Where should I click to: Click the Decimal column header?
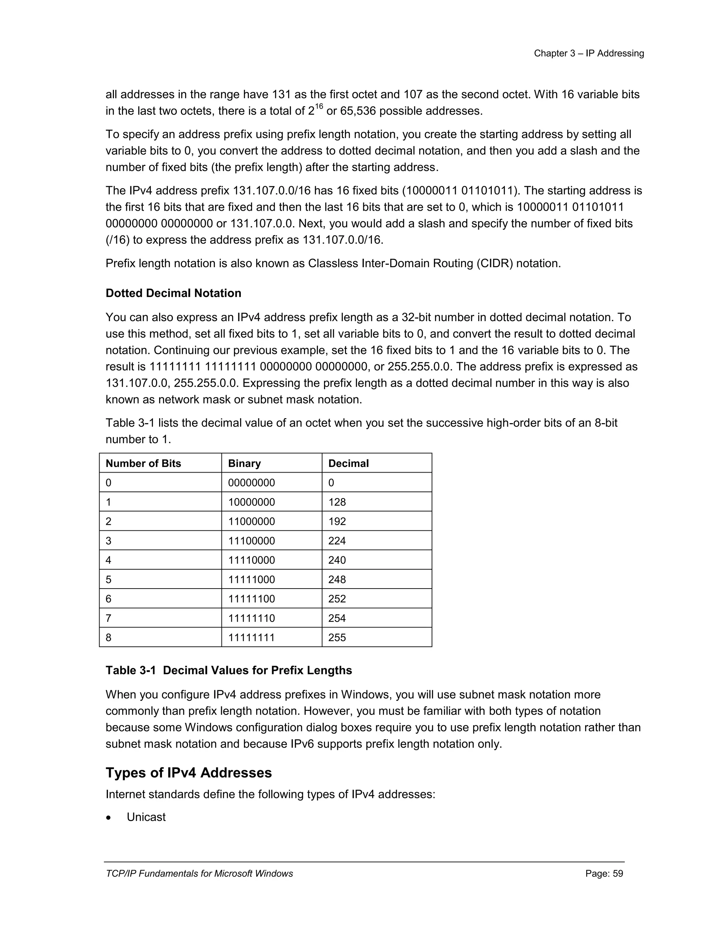[x=348, y=463]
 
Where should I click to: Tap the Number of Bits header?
[x=143, y=463]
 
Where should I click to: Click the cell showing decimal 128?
[x=337, y=502]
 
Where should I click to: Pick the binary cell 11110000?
[x=251, y=560]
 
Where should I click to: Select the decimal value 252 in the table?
[x=337, y=599]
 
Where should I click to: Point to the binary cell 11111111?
[x=251, y=638]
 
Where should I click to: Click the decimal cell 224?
[x=337, y=541]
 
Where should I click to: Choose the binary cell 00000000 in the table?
[x=251, y=483]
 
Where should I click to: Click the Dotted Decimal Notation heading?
[x=173, y=293]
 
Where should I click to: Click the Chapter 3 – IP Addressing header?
[x=589, y=54]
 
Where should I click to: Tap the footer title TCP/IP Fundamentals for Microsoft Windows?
[x=199, y=874]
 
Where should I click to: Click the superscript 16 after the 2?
[x=319, y=106]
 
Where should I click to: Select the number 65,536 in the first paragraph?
[x=358, y=111]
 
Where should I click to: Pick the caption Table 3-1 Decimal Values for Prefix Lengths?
[x=229, y=670]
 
